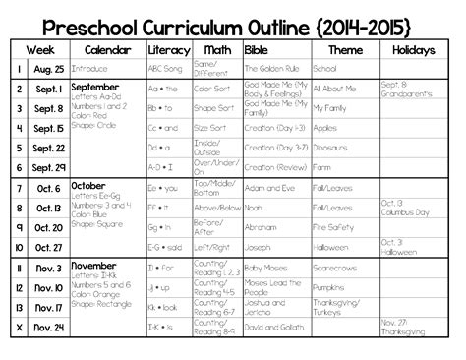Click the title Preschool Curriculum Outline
point(233,20)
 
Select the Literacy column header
point(168,48)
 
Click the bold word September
point(96,87)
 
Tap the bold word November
point(95,266)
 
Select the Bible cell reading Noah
point(253,208)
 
